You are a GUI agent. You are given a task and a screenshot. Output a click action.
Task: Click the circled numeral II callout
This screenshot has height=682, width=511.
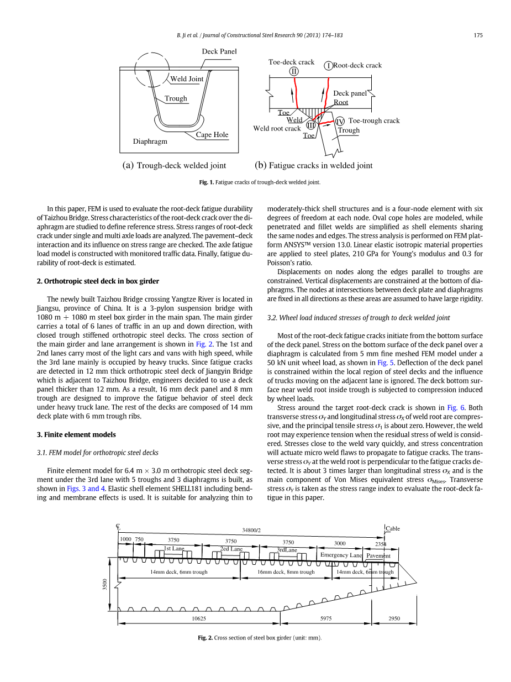[x=294, y=71]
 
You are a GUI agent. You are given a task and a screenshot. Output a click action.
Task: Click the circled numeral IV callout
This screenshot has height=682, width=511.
[x=340, y=121]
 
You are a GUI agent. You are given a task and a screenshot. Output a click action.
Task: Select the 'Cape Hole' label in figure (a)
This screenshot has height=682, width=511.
[x=212, y=135]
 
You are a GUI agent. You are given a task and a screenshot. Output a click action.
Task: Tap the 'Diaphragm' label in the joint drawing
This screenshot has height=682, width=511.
[x=150, y=141]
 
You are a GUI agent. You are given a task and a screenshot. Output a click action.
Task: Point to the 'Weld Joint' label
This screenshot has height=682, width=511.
[x=187, y=79]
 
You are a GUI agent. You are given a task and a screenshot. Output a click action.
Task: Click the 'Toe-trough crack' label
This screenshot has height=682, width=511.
[x=374, y=120]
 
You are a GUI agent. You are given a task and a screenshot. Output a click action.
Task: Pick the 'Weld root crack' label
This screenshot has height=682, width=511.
[x=277, y=129]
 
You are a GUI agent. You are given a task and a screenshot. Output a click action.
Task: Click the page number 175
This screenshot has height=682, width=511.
[x=478, y=35]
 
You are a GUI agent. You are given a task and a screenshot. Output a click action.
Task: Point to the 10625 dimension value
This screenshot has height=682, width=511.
[x=199, y=619]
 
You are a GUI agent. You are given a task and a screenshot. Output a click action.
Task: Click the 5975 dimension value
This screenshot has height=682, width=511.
[x=326, y=619]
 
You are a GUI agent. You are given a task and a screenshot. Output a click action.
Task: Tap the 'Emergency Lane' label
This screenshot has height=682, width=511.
[x=341, y=555]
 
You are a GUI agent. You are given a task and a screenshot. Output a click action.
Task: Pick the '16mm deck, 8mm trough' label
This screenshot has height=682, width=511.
[x=286, y=572]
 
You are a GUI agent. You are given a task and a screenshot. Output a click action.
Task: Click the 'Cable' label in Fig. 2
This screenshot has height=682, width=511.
[x=393, y=528]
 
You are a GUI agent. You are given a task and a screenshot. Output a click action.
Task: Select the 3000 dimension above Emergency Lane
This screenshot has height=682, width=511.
[x=340, y=543]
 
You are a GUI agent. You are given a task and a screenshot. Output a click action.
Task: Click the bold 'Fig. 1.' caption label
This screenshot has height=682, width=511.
[x=207, y=182]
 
